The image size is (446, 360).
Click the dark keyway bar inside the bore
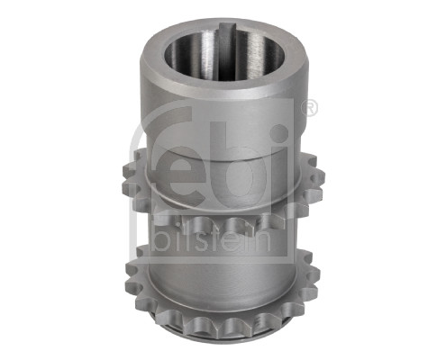coord(226,51)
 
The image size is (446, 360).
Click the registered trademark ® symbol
coord(307,109)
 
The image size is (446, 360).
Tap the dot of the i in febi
coord(279,131)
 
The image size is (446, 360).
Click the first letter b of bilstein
coord(161,239)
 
